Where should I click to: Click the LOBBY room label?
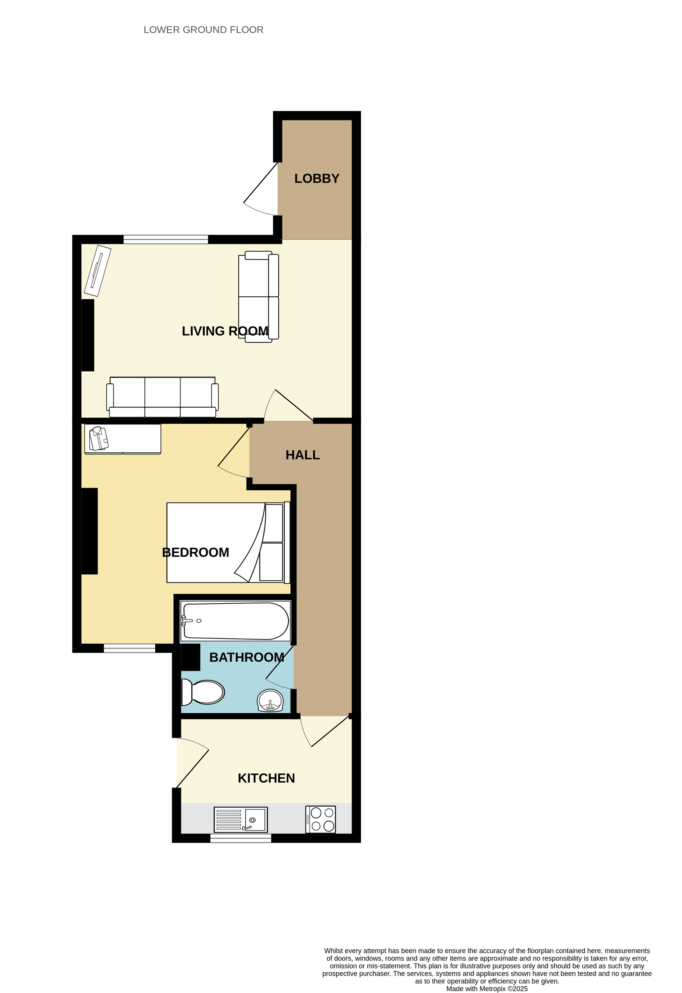pos(316,179)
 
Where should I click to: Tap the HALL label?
pos(303,455)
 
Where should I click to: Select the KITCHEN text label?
pos(266,778)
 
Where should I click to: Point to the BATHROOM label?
pos(247,657)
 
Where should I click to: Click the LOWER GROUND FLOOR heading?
pos(203,30)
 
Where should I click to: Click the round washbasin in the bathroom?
pos(270,701)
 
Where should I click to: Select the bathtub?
pos(236,621)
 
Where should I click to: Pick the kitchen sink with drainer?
pos(241,819)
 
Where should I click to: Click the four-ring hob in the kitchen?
pos(321,819)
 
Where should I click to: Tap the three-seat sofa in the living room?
pos(163,397)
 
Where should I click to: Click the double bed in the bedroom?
pos(228,543)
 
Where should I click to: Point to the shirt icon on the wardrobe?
pos(99,438)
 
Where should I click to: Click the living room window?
pos(166,239)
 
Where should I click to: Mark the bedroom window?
pos(130,648)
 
